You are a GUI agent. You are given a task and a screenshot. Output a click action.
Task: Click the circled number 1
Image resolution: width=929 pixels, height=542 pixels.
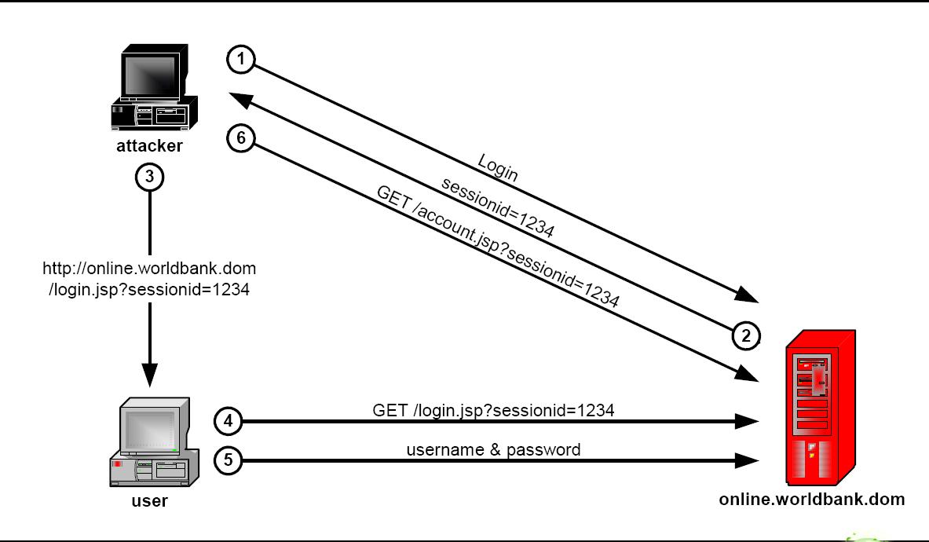point(241,59)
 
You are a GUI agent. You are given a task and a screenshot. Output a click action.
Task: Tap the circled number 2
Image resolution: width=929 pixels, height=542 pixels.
point(746,335)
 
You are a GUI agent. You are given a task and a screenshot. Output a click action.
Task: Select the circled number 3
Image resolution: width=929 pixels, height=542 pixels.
point(149,178)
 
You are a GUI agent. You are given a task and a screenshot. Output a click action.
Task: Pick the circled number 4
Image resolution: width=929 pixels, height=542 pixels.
point(229,421)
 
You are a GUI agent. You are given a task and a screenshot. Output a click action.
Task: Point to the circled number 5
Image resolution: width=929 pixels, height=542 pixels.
point(229,460)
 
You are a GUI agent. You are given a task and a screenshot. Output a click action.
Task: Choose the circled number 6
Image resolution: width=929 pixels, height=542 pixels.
point(241,138)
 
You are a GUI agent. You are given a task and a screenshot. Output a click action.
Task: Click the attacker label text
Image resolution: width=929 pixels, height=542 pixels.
point(149,145)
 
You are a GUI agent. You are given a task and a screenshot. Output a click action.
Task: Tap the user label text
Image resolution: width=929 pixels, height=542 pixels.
point(149,500)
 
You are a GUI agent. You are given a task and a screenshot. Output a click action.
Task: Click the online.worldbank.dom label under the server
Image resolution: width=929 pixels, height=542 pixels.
point(812,499)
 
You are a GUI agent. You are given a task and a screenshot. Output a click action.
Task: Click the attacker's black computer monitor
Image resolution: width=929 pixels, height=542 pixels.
point(154,76)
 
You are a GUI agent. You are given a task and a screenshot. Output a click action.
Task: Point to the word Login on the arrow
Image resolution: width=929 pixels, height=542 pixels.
point(498,167)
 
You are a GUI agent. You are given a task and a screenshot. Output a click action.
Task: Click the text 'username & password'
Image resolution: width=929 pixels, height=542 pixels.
point(493,450)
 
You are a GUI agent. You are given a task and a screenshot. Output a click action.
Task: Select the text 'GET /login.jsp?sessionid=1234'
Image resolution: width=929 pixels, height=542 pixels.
point(493,409)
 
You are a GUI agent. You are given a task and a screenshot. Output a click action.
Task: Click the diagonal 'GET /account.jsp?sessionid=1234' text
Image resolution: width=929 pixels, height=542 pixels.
point(497,246)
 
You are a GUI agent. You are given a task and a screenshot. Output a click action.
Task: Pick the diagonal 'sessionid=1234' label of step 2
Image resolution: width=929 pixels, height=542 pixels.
point(498,208)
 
